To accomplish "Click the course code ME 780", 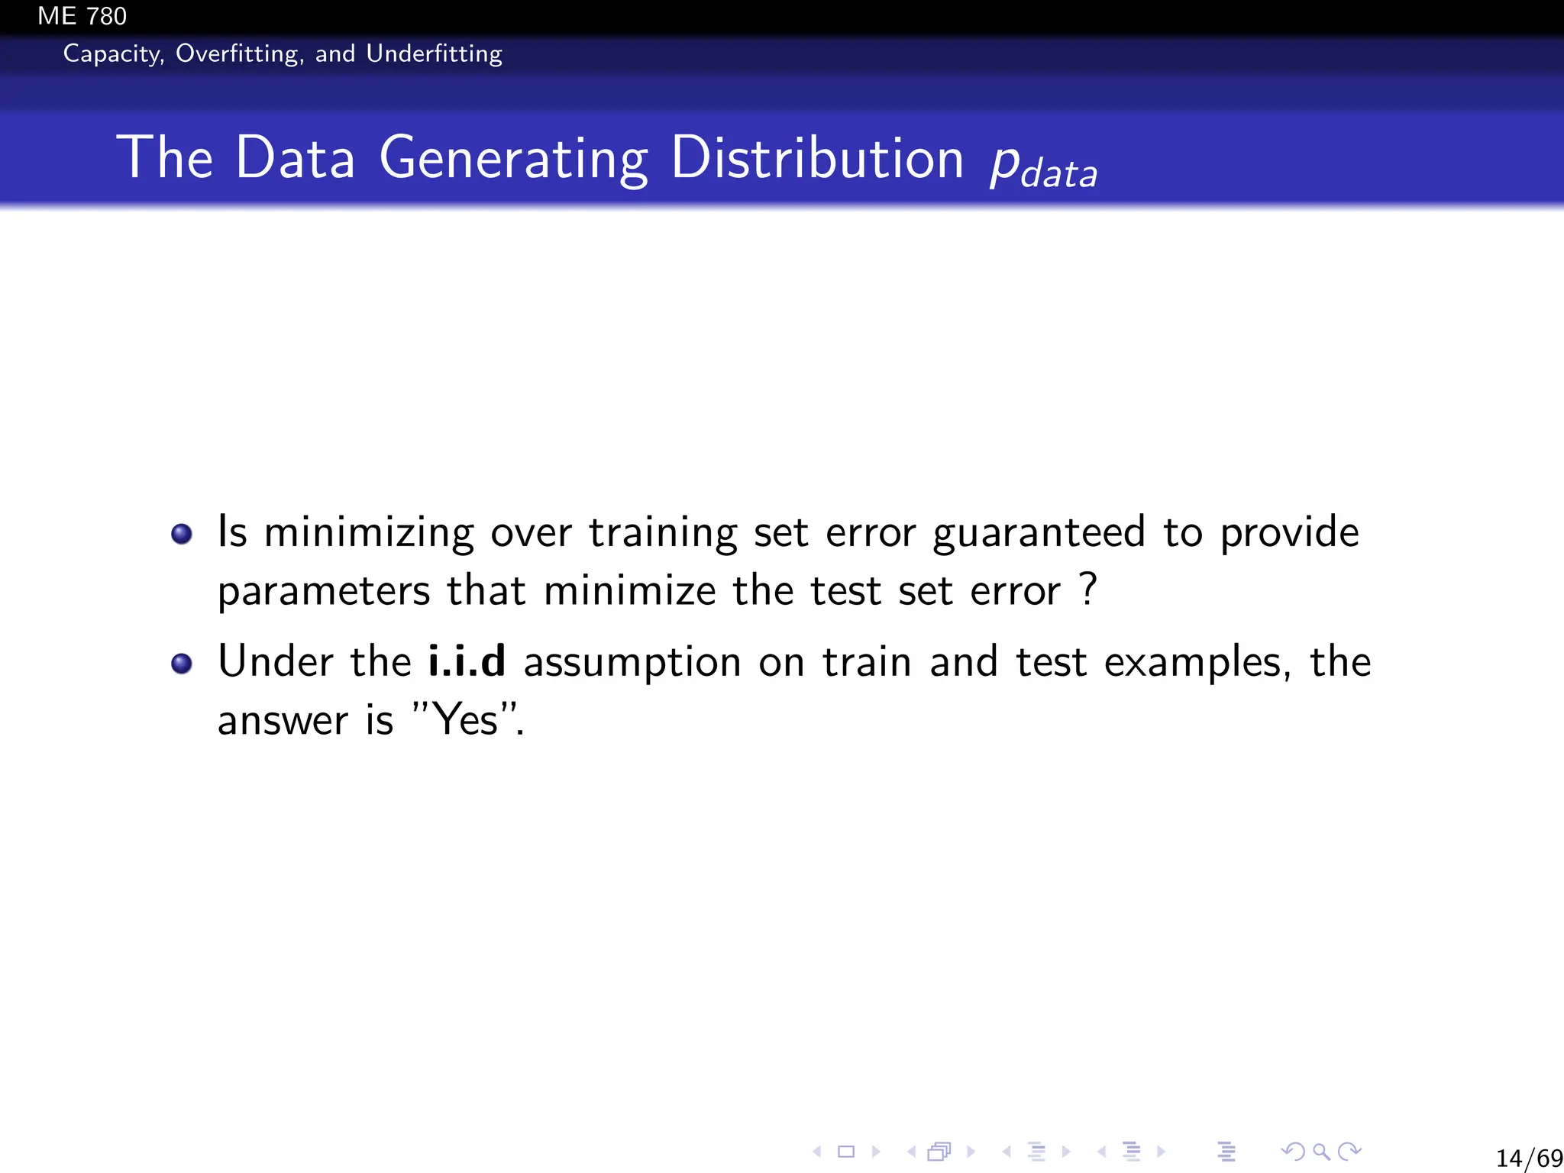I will [x=82, y=16].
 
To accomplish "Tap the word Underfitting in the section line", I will [x=434, y=53].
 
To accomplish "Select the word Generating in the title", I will [x=513, y=158].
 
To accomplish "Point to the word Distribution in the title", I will [x=817, y=158].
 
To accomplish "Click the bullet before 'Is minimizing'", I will [x=182, y=534].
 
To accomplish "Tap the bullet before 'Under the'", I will [x=182, y=664].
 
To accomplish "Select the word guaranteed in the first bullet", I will [x=1039, y=533].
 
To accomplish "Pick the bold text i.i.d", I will [x=467, y=661].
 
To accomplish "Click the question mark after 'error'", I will [x=1089, y=589].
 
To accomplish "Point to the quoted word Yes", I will [x=464, y=719].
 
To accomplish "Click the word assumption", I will [x=632, y=663].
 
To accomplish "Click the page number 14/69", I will [x=1528, y=1158].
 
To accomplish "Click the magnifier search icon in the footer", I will [x=1321, y=1152].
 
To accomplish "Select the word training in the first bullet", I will [x=663, y=533].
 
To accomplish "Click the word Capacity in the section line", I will [x=113, y=53].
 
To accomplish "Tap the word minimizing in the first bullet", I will [x=369, y=533].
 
